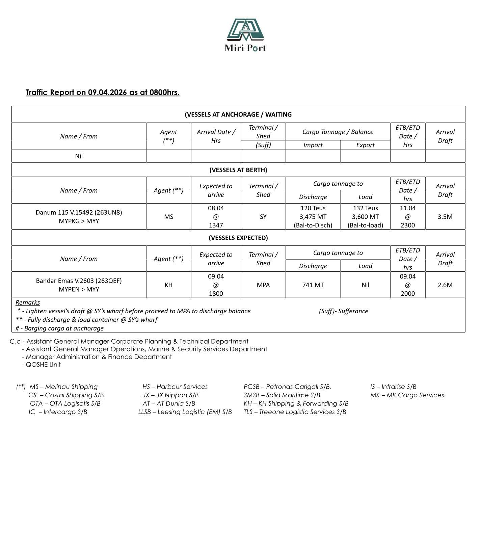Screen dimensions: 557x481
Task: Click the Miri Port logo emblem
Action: pyautogui.click(x=245, y=30)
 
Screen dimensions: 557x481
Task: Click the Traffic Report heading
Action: pyautogui.click(x=102, y=92)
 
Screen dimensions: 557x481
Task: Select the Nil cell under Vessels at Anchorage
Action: pyautogui.click(x=79, y=156)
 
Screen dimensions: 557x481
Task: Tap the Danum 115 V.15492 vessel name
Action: pyautogui.click(x=79, y=212)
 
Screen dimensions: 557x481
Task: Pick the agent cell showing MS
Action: pyautogui.click(x=168, y=217)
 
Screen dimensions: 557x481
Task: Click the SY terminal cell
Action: pyautogui.click(x=263, y=217)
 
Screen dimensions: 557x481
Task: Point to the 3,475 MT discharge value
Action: pyautogui.click(x=313, y=217)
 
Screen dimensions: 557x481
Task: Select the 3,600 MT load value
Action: pyautogui.click(x=365, y=217)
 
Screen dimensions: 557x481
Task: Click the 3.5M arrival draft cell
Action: pyautogui.click(x=445, y=217)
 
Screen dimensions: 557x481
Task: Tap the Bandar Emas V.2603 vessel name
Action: pyautogui.click(x=79, y=281)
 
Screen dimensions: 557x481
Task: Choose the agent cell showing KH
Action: pyautogui.click(x=168, y=285)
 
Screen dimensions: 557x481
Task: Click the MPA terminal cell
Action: pyautogui.click(x=263, y=285)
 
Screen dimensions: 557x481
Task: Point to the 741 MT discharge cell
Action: pyautogui.click(x=313, y=285)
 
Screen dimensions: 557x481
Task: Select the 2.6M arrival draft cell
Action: pyautogui.click(x=445, y=285)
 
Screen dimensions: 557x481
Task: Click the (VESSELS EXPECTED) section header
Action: pyautogui.click(x=238, y=238)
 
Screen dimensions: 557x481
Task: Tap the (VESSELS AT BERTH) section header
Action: pyautogui.click(x=238, y=170)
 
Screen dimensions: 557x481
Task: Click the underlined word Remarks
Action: pyautogui.click(x=28, y=302)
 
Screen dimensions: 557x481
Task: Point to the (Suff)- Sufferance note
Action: pyautogui.click(x=343, y=311)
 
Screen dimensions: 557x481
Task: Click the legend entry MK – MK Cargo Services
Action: pyautogui.click(x=407, y=395)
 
